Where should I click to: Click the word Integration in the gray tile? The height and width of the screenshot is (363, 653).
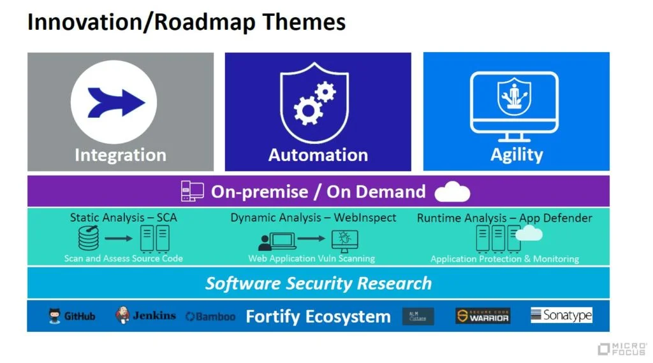pos(120,155)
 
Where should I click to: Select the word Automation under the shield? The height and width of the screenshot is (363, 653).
pos(318,155)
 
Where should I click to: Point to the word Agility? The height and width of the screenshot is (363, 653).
pos(517,155)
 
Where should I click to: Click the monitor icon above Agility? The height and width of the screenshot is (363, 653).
pos(515,106)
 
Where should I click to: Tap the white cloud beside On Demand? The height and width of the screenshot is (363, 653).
pos(451,192)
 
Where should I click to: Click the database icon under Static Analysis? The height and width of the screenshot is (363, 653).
pos(89,239)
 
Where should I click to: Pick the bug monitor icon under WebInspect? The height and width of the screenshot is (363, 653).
pos(345,241)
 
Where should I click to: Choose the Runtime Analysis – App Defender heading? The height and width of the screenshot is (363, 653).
pos(504,218)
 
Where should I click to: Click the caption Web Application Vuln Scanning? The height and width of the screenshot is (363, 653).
pos(311,259)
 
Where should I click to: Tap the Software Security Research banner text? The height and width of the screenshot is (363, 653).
pos(318,283)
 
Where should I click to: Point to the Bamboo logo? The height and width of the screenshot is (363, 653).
pos(210,317)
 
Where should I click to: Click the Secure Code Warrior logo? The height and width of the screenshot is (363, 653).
pos(482,316)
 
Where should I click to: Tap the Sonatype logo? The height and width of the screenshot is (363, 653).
pos(561,315)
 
